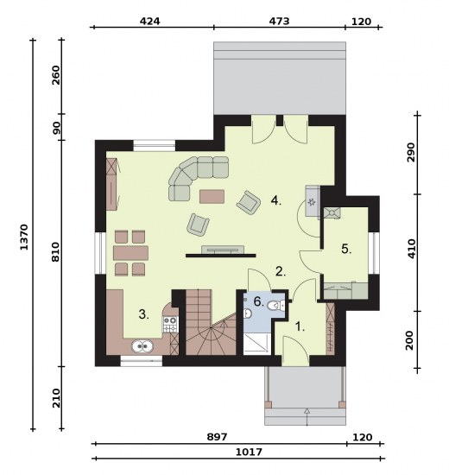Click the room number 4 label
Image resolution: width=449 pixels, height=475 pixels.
point(276,200)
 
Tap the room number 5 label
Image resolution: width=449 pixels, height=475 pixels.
point(346,249)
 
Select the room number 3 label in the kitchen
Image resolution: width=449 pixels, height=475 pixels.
point(144,314)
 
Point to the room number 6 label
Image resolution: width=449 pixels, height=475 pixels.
point(258,301)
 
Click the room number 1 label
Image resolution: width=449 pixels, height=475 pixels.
point(300,326)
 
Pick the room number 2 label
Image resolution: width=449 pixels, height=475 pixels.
point(281,271)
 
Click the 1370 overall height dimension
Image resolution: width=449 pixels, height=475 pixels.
point(24,237)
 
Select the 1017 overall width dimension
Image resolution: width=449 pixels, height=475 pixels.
point(249,452)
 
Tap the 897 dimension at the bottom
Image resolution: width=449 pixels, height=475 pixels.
point(217,437)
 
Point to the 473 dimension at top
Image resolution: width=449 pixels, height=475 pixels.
point(280,22)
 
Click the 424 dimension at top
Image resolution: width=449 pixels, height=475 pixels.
point(149,22)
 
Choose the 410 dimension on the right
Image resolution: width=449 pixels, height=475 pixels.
point(411,249)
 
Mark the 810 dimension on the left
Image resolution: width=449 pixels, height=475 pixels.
point(56,251)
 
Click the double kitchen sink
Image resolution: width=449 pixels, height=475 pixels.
point(142,346)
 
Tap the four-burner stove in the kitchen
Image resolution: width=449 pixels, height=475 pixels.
point(170,324)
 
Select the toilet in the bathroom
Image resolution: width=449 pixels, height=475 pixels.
point(276,306)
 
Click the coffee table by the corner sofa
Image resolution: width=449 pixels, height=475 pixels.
point(212,196)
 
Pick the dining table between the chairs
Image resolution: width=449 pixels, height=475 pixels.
point(130,253)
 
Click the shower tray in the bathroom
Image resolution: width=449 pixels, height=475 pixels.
point(256,344)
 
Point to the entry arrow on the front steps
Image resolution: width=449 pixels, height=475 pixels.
point(307,417)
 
